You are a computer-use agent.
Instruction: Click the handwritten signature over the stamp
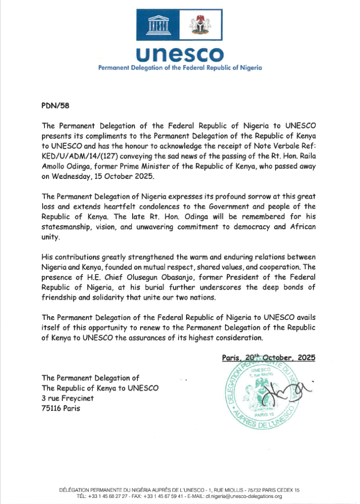[284, 389]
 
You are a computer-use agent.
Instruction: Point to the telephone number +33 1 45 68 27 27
[109, 496]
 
